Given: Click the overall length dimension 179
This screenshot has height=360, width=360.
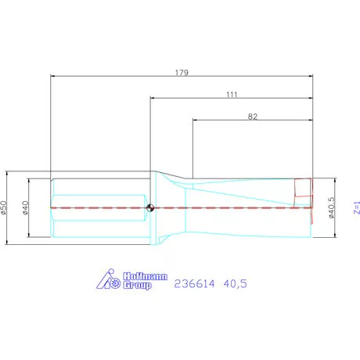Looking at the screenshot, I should pyautogui.click(x=181, y=71).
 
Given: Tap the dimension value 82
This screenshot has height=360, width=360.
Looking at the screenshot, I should pyautogui.click(x=252, y=116).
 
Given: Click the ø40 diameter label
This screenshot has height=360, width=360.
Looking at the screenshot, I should pyautogui.click(x=26, y=207).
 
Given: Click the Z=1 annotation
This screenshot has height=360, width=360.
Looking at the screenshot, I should pyautogui.click(x=356, y=207).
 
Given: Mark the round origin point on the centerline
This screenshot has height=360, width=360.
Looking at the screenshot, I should pyautogui.click(x=149, y=207).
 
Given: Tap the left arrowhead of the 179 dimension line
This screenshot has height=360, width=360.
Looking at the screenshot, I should pyautogui.click(x=53, y=76).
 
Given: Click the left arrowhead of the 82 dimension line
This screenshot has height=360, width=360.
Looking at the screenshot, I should pyautogui.click(x=196, y=121).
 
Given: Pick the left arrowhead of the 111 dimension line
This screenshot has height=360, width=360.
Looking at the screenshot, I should pyautogui.click(x=153, y=98).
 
